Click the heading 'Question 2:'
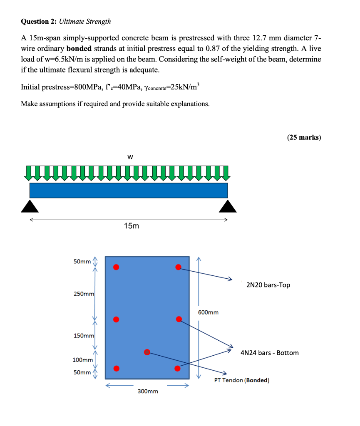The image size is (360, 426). pos(39,21)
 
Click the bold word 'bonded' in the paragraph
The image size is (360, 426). pos(79,48)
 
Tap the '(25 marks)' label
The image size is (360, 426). pos(304,138)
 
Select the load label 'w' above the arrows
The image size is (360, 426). pos(130,157)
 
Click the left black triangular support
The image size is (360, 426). pos(30,206)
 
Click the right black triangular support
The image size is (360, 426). pos(228,206)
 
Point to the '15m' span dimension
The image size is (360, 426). pos(132,226)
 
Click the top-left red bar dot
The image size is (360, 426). pos(117,267)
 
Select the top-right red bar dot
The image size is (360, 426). pos(178,267)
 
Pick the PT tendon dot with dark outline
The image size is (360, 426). pos(147,352)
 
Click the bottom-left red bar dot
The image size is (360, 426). pos(117,368)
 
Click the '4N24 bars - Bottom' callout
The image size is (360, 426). pos(270,353)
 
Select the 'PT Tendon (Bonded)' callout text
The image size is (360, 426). pos(242,380)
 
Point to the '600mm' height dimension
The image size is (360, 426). pos(208,312)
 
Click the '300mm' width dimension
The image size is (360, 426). pos(148,391)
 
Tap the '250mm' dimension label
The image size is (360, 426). pos(84,294)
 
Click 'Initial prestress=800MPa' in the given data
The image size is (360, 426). pos(58,87)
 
